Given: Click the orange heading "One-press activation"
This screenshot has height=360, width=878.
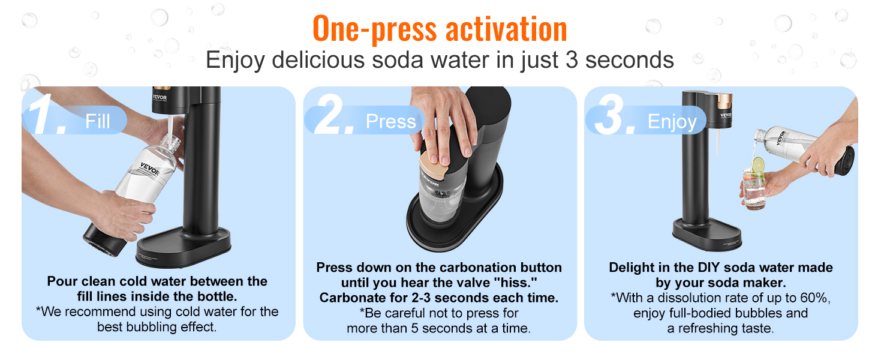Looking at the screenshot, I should click(439, 29).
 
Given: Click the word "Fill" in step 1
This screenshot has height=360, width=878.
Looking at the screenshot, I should click(98, 121).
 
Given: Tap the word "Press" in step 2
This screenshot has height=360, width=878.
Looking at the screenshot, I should click(390, 121).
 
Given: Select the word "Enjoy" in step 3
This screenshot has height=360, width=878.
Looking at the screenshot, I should click(672, 122).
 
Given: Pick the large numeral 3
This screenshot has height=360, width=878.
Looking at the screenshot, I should click(614, 116).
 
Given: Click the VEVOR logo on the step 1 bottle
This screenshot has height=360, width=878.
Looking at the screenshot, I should click(150, 169).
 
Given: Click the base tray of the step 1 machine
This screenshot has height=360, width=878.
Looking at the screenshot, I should click(184, 246).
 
